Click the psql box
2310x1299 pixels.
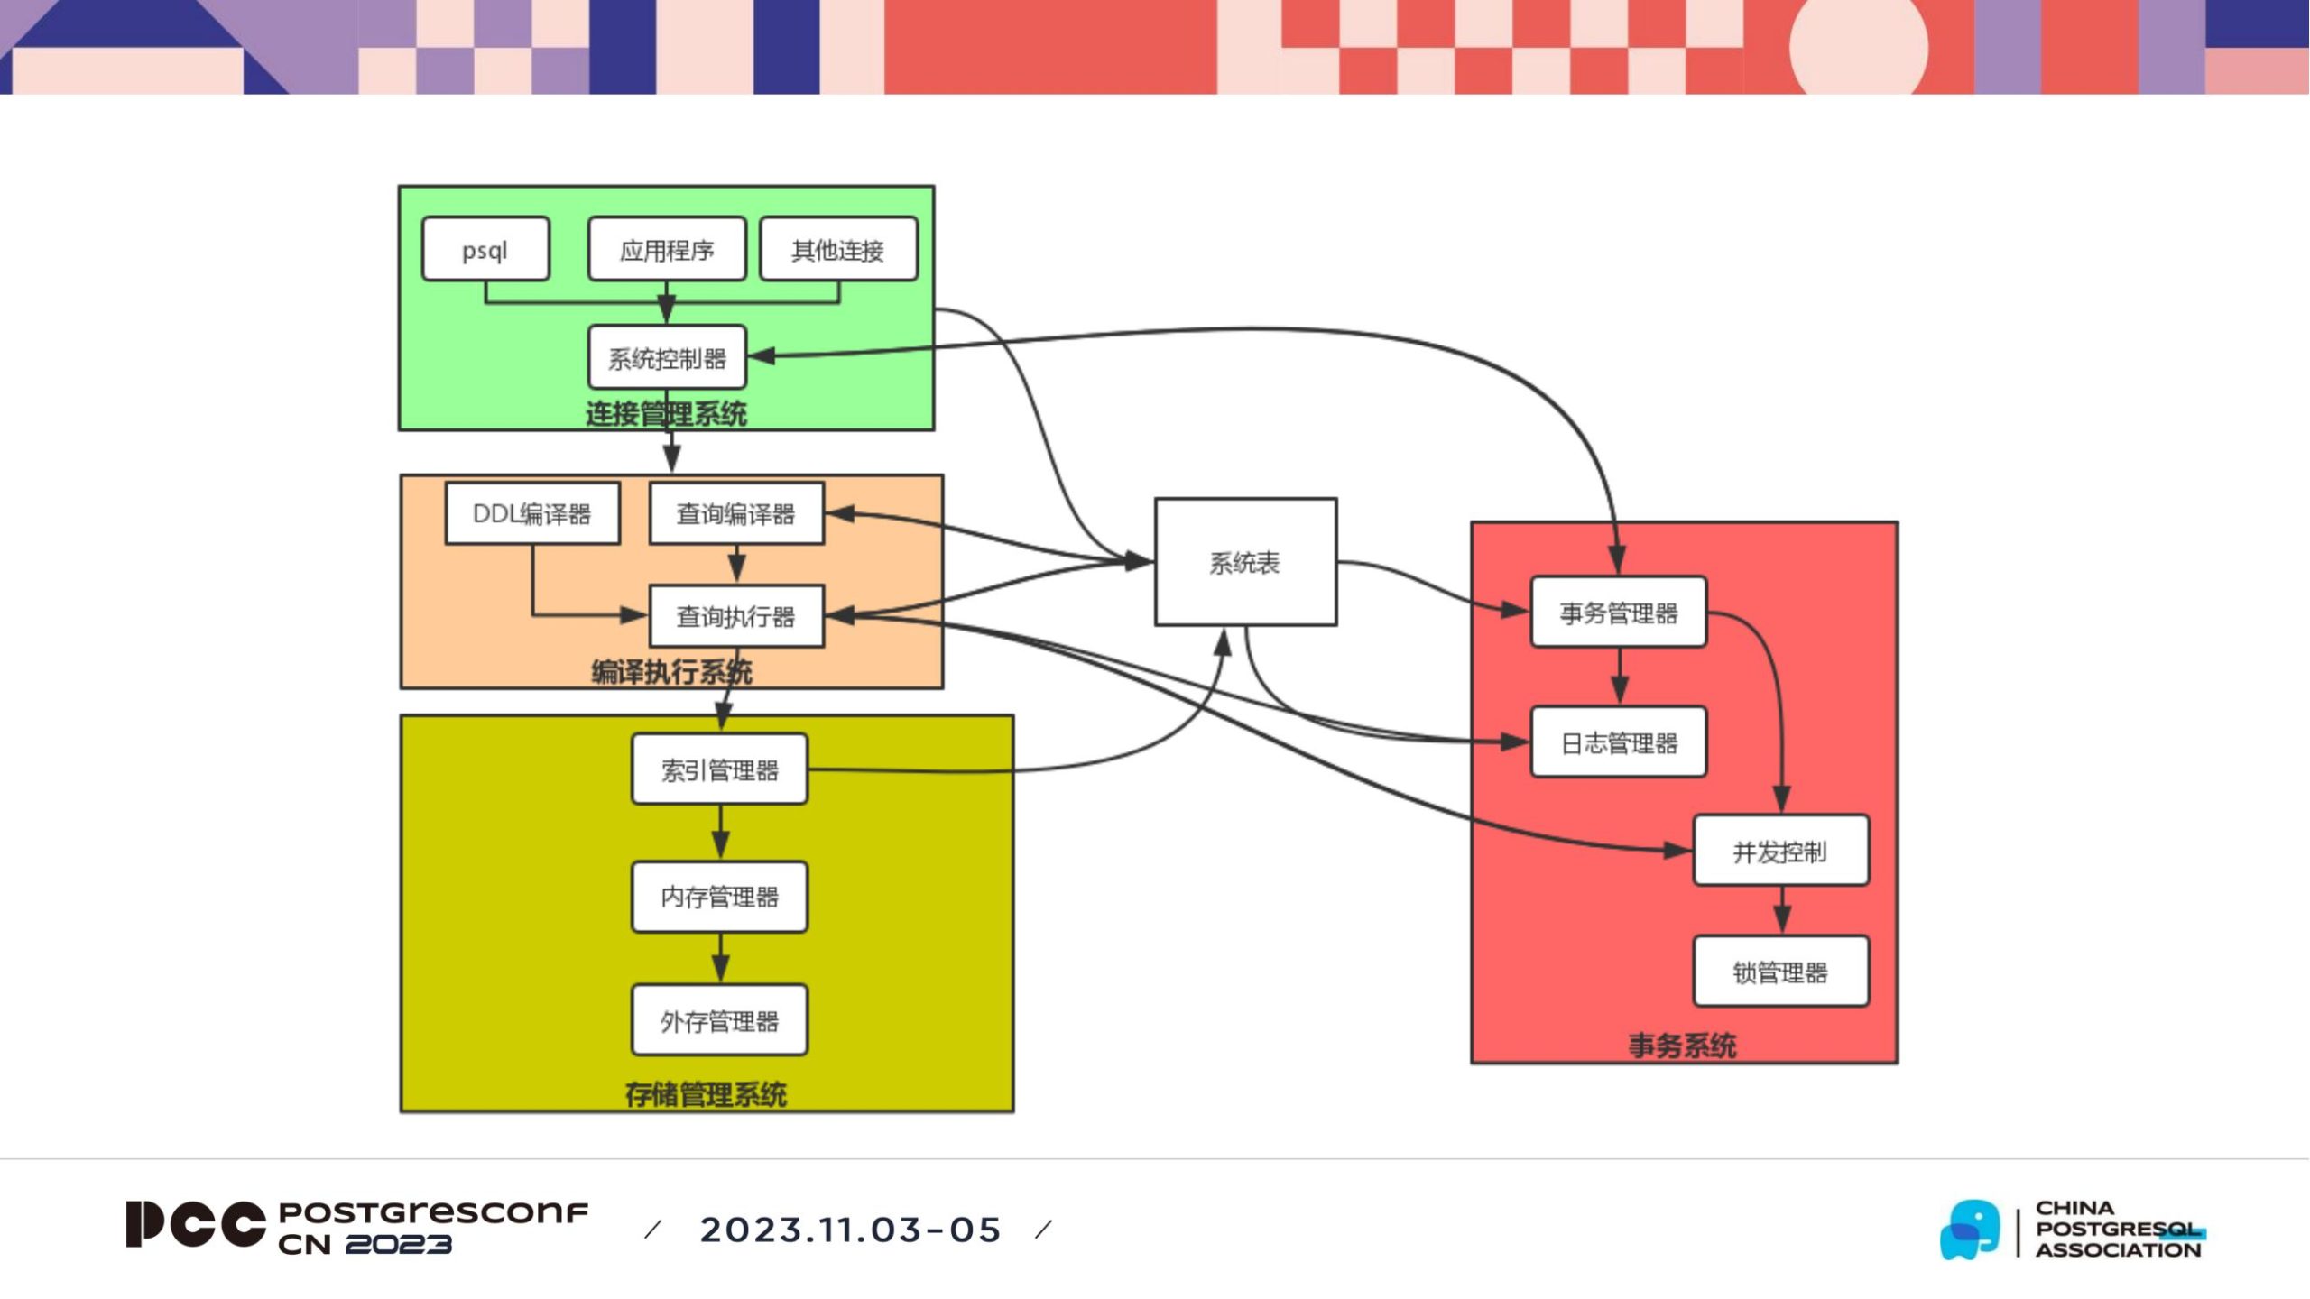pyautogui.click(x=485, y=249)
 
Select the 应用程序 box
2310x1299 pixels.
pyautogui.click(x=667, y=249)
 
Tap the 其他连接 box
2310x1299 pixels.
pyautogui.click(x=838, y=249)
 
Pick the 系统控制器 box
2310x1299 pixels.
pyautogui.click(x=667, y=358)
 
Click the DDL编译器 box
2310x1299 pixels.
pyautogui.click(x=532, y=513)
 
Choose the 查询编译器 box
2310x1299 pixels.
pyautogui.click(x=736, y=513)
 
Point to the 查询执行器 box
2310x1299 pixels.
pyautogui.click(x=736, y=616)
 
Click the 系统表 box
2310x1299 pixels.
pyautogui.click(x=1245, y=562)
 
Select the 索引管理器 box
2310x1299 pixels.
pyautogui.click(x=719, y=769)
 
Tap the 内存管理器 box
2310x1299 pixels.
pyautogui.click(x=719, y=897)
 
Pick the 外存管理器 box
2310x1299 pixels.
pyautogui.click(x=719, y=1021)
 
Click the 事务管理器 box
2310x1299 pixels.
pyautogui.click(x=1619, y=613)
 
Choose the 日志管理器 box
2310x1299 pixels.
pyautogui.click(x=1619, y=742)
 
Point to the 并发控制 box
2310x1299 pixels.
pyautogui.click(x=1780, y=851)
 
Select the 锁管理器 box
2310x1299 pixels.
pyautogui.click(x=1780, y=972)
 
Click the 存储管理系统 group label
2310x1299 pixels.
pyautogui.click(x=706, y=1094)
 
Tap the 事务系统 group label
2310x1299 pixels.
pyautogui.click(x=1682, y=1046)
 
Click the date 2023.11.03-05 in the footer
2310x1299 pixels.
pyautogui.click(x=850, y=1230)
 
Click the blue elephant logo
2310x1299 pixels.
pyautogui.click(x=1970, y=1229)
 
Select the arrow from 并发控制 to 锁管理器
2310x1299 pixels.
pyautogui.click(x=1781, y=910)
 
